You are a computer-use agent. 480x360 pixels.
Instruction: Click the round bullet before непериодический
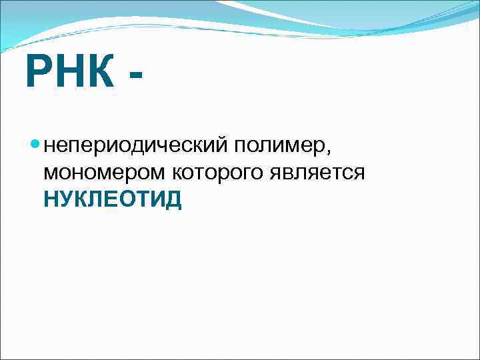click(x=35, y=143)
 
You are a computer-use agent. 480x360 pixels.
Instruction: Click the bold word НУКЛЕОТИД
click(x=112, y=199)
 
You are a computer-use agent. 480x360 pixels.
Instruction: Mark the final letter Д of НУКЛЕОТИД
click(x=173, y=199)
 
